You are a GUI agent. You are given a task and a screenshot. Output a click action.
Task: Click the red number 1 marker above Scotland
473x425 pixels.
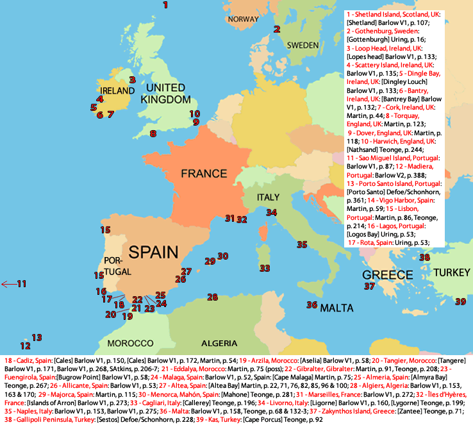(x=165, y=5)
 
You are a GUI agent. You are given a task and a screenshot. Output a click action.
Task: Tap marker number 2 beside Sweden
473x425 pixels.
(x=277, y=29)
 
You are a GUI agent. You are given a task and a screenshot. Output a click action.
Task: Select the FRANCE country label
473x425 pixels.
(x=203, y=173)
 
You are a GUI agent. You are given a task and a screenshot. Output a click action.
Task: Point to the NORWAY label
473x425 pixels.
(x=242, y=19)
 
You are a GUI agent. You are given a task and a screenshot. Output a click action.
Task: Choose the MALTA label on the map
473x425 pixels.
(x=336, y=308)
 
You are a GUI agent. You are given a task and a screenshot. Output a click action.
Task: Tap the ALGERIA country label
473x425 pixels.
(x=223, y=343)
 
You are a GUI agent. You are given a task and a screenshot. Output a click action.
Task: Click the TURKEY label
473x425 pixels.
(x=452, y=272)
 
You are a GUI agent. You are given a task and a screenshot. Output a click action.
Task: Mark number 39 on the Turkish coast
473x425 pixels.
(x=461, y=301)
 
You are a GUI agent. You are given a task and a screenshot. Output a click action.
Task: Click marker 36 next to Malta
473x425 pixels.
(x=312, y=304)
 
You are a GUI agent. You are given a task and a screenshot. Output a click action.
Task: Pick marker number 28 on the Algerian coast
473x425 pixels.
(x=213, y=297)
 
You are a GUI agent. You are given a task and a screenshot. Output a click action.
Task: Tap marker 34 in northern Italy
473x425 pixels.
(x=272, y=212)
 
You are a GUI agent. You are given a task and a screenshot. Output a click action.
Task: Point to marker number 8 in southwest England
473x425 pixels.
(x=153, y=133)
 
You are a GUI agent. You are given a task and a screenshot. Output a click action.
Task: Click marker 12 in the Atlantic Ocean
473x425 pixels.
(x=25, y=346)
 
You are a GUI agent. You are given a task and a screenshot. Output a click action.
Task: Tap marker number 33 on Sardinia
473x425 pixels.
(x=264, y=267)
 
